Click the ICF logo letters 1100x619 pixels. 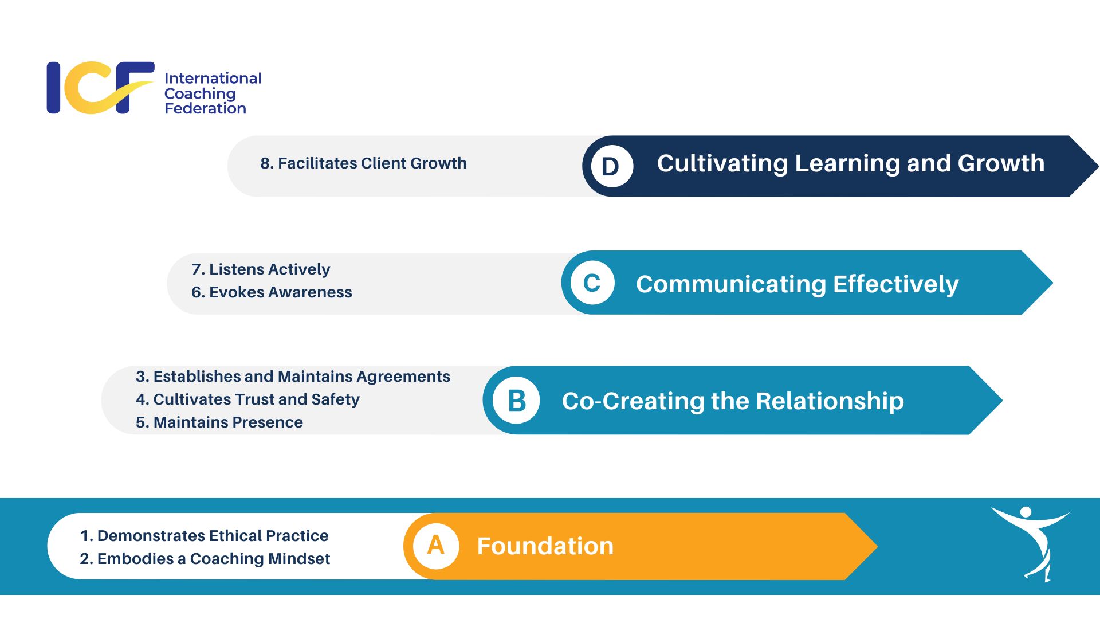point(100,88)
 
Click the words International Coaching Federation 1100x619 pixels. point(212,93)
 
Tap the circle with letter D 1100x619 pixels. point(611,166)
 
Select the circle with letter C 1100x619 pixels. point(592,283)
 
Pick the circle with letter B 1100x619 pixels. point(516,400)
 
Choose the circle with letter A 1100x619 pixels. point(436,546)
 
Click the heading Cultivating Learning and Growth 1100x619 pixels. point(850,164)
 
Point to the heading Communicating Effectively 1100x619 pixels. point(797,284)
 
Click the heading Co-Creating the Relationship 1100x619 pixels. point(733,401)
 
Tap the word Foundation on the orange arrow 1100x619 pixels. point(545,546)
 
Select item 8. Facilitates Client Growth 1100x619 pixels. point(363,163)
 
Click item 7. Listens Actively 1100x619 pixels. point(261,269)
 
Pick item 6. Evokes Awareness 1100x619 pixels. point(272,292)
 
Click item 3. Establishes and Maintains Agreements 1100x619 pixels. point(293,377)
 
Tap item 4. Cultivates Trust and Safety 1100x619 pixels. point(247,399)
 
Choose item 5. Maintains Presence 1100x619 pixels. point(219,422)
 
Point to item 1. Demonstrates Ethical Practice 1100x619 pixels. point(205,536)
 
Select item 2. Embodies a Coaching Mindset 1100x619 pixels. point(205,559)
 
